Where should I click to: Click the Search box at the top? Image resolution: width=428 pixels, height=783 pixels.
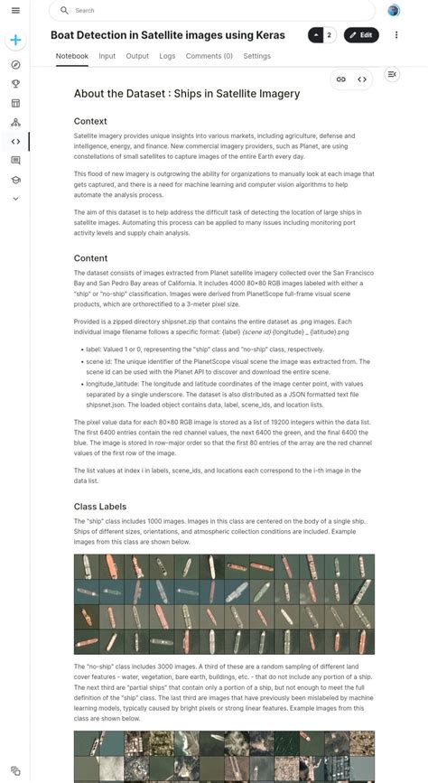pyautogui.click(x=212, y=11)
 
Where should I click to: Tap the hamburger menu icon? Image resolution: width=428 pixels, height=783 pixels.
pyautogui.click(x=15, y=11)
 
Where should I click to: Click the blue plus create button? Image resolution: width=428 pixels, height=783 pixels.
pyautogui.click(x=15, y=41)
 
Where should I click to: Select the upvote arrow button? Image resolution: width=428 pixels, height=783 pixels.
pyautogui.click(x=316, y=35)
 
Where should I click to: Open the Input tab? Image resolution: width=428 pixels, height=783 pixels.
pyautogui.click(x=107, y=56)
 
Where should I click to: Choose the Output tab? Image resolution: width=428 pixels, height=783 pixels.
pyautogui.click(x=137, y=56)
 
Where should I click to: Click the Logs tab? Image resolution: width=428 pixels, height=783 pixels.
pyautogui.click(x=167, y=56)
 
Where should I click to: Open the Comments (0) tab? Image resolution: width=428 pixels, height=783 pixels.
pyautogui.click(x=209, y=56)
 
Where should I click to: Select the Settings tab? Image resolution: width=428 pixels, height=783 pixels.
pyautogui.click(x=256, y=56)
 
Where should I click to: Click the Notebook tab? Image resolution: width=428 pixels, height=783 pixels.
pyautogui.click(x=72, y=56)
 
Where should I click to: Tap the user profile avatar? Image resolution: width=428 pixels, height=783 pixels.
pyautogui.click(x=394, y=11)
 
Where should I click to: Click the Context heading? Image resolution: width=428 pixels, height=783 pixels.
pyautogui.click(x=90, y=121)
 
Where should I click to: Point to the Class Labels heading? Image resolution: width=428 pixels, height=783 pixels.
pyautogui.click(x=100, y=507)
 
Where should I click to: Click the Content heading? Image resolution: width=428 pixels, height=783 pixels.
pyautogui.click(x=90, y=258)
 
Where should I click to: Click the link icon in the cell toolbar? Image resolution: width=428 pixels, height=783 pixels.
pyautogui.click(x=341, y=79)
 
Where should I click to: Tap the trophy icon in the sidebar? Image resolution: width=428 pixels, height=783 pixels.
pyautogui.click(x=15, y=84)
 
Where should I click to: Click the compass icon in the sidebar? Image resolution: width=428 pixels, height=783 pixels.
pyautogui.click(x=15, y=65)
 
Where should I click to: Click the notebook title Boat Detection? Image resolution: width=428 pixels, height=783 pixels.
pyautogui.click(x=167, y=35)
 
